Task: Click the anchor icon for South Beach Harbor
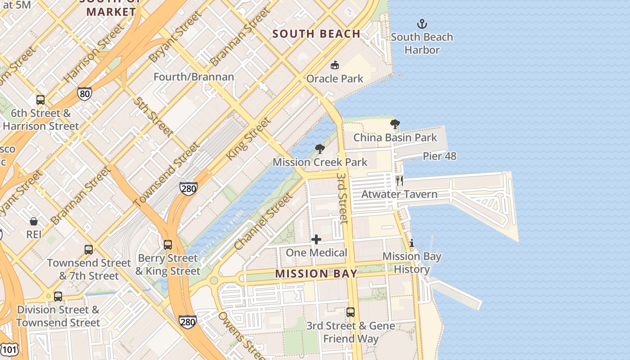point(422,24)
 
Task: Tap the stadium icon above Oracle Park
point(334,65)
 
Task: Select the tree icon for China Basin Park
point(395,124)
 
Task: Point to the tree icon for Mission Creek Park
point(320,149)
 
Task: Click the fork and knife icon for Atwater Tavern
point(399,181)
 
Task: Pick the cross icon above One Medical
point(316,239)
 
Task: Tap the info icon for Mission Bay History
point(411,243)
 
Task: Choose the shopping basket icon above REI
point(34,221)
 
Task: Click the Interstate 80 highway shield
point(85,94)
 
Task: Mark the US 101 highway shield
point(9,348)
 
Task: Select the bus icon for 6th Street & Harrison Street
point(40,100)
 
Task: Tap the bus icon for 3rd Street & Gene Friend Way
point(351,312)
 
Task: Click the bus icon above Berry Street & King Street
point(168,245)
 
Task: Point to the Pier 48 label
point(440,156)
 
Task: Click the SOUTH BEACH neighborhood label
point(316,34)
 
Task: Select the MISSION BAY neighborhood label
point(316,274)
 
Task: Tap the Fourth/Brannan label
point(194,77)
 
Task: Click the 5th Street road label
point(153,116)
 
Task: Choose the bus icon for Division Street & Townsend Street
point(58,297)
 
